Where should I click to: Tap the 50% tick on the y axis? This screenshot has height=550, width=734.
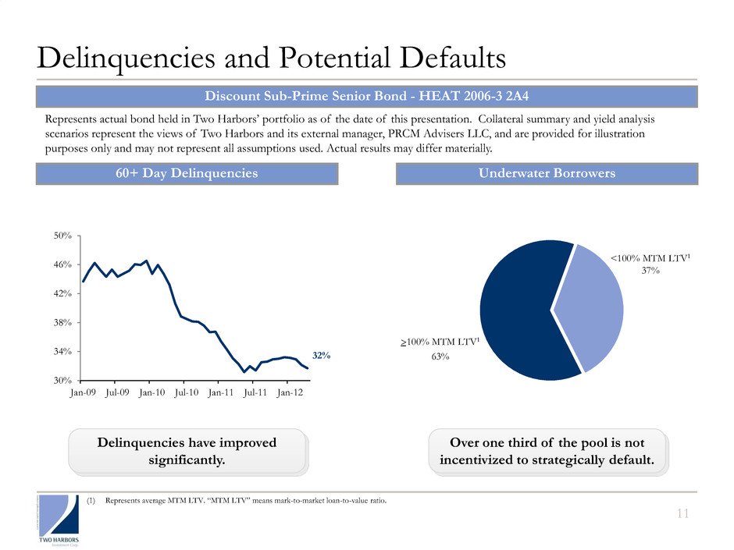[x=63, y=236]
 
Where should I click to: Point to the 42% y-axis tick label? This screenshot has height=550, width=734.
[x=63, y=293]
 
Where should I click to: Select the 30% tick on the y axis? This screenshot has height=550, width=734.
[x=63, y=380]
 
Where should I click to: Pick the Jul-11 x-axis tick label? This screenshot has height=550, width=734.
[x=255, y=393]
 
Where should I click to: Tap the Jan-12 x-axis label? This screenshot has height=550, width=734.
[x=290, y=393]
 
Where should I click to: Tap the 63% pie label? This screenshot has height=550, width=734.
[x=439, y=357]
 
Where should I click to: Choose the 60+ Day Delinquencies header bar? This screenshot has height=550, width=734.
[x=187, y=173]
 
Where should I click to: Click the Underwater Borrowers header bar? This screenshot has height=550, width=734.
[x=547, y=173]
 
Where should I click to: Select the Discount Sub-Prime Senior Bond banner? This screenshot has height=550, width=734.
[x=366, y=97]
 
